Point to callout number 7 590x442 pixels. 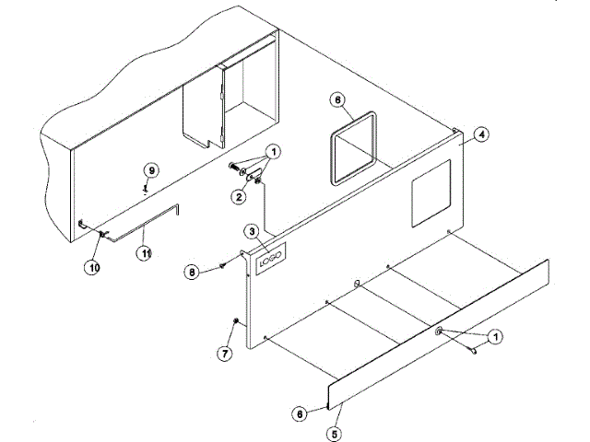click(x=222, y=353)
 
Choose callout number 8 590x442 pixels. click(x=191, y=272)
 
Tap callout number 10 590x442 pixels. click(x=93, y=267)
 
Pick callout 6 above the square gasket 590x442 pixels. click(x=338, y=99)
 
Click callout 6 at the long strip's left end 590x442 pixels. click(x=299, y=415)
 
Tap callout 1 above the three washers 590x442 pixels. click(x=274, y=151)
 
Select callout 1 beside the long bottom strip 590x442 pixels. click(x=494, y=337)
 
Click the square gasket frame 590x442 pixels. click(x=351, y=146)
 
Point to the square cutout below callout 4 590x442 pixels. click(x=430, y=195)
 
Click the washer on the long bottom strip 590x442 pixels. click(x=439, y=332)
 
